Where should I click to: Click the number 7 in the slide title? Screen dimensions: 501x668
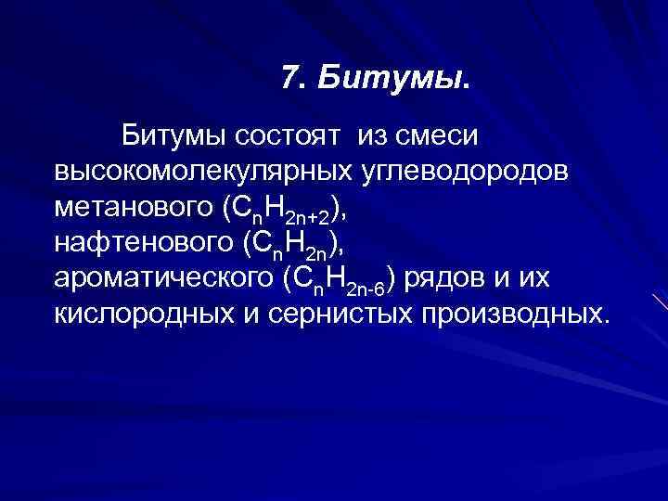click(290, 81)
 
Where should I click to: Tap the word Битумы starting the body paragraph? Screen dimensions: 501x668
click(173, 137)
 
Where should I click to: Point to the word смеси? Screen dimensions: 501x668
click(436, 137)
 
